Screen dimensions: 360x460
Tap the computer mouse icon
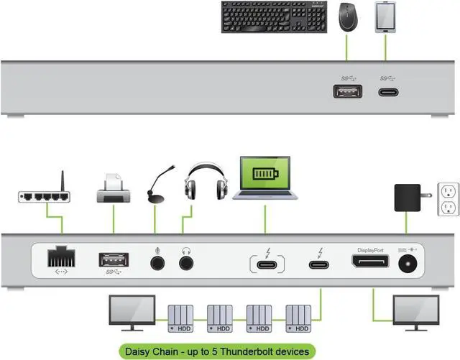349,17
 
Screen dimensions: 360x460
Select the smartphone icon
385,17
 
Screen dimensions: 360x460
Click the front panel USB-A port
348,91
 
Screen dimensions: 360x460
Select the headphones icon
206,182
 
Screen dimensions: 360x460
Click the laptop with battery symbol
264,178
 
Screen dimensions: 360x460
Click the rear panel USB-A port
113,259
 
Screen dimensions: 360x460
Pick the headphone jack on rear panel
187,262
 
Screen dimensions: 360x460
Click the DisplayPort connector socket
369,261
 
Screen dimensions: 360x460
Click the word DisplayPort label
370,250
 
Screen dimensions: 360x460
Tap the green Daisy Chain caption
216,351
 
